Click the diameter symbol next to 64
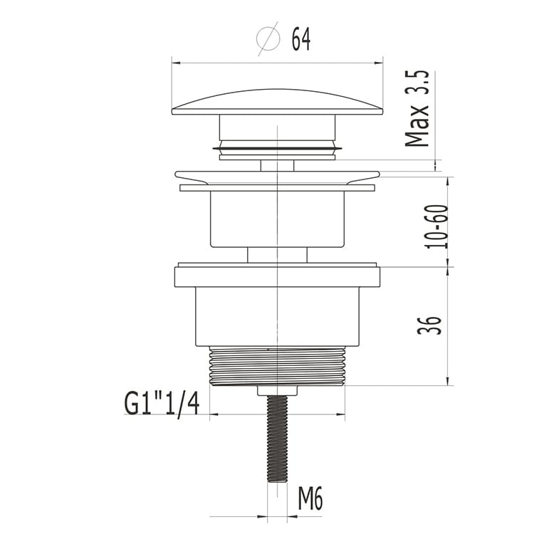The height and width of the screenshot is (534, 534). [268, 38]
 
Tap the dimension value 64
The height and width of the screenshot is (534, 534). [301, 39]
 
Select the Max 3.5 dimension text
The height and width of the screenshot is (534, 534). [417, 109]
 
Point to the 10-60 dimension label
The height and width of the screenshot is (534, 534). [436, 226]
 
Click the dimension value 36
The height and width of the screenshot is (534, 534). [430, 325]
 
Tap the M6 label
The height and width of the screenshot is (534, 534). [310, 498]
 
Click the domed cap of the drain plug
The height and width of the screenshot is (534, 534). [278, 103]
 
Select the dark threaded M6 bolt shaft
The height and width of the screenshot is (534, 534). [278, 439]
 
